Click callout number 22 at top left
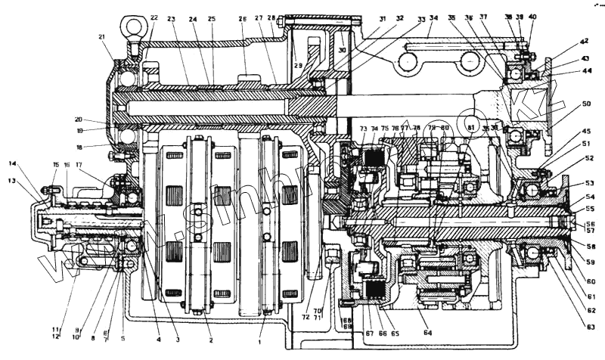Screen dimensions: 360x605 point(154,17)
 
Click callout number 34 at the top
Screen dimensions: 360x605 point(433,18)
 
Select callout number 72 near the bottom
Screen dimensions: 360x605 point(306,315)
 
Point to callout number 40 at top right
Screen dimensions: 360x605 point(533,16)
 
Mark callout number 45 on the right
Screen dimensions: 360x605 point(586,130)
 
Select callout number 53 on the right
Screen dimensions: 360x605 point(589,184)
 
